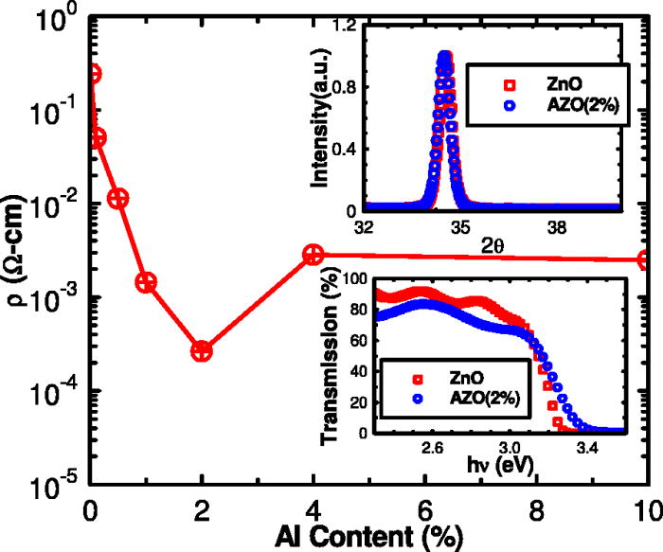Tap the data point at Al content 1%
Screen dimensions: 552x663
click(146, 282)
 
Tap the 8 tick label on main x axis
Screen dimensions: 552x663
click(536, 506)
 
